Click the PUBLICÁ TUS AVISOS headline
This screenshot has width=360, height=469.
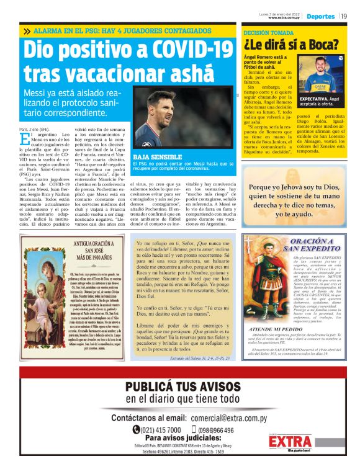pyautogui.click(x=180, y=387)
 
